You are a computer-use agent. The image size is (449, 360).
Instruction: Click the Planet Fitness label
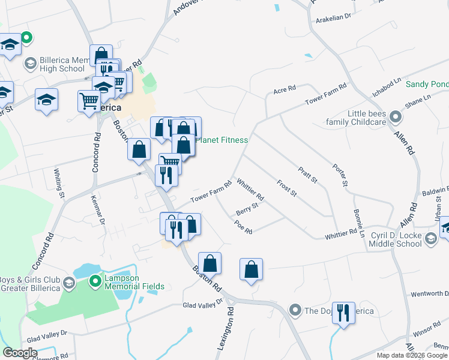pos(223,140)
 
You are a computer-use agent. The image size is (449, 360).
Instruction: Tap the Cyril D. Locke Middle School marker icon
pos(430,239)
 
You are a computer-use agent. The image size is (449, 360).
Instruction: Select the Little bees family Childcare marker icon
pos(395,116)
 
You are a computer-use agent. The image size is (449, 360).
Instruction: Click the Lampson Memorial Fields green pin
pos(95,280)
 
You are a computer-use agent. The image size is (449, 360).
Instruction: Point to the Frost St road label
pos(287,188)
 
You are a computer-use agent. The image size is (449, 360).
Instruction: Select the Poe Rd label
pos(244,227)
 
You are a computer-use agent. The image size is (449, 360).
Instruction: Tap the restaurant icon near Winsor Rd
pos(343,313)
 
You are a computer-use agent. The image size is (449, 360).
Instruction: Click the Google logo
pos(20,352)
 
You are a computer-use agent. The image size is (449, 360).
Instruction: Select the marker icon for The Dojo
pos(295,310)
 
